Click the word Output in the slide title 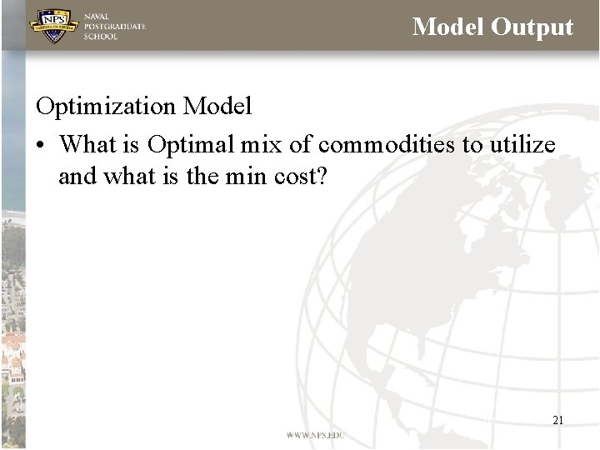tap(532, 27)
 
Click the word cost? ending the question tap(301, 177)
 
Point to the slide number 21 tap(557, 420)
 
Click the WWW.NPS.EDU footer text tap(315, 435)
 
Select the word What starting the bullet tap(88, 145)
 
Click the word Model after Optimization tap(217, 107)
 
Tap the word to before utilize tap(473, 145)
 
